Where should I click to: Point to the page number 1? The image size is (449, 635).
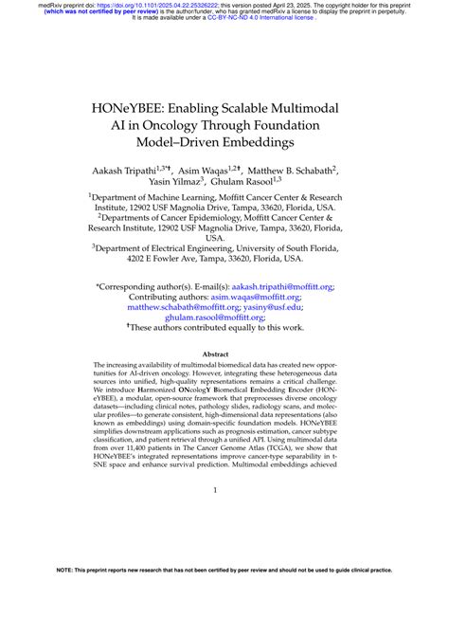(215, 517)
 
